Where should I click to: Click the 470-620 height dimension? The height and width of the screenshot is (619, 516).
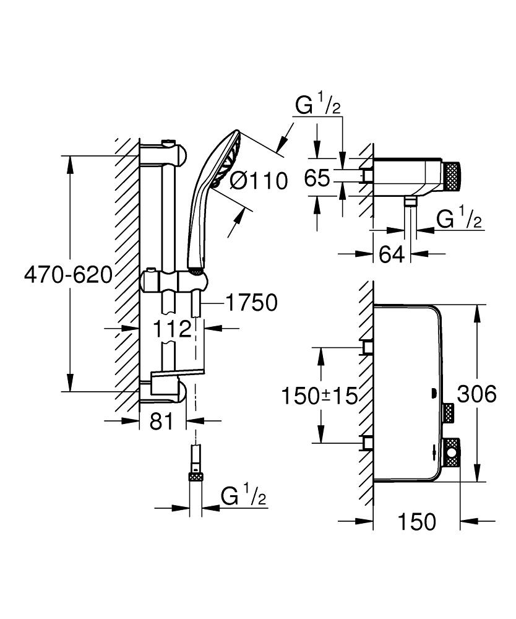pyautogui.click(x=68, y=275)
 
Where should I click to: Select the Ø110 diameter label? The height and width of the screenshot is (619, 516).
pyautogui.click(x=259, y=181)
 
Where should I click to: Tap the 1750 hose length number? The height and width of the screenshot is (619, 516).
pyautogui.click(x=251, y=303)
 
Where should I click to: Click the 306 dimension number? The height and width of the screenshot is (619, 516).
pyautogui.click(x=476, y=394)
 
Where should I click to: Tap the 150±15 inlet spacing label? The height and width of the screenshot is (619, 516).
pyautogui.click(x=320, y=396)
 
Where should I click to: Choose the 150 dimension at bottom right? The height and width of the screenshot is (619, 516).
pyautogui.click(x=416, y=521)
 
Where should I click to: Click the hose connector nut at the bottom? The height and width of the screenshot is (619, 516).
pyautogui.click(x=196, y=475)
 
